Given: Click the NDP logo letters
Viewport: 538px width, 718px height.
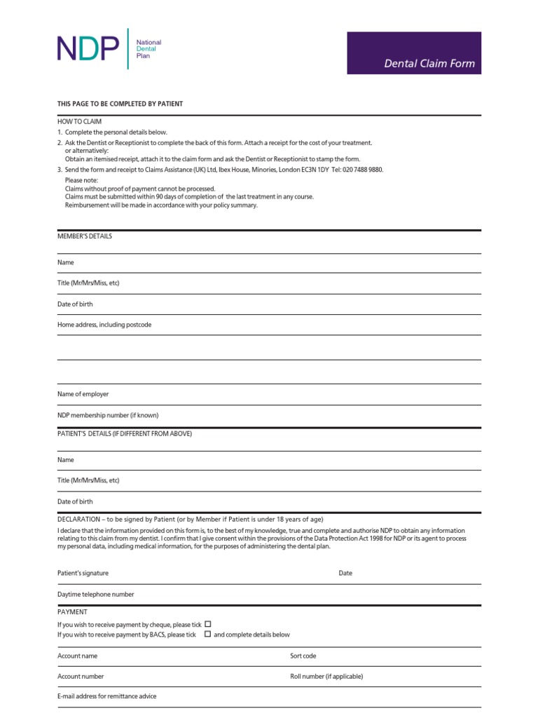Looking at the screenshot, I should point(87,49).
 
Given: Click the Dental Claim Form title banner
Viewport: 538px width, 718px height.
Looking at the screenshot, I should point(414,53).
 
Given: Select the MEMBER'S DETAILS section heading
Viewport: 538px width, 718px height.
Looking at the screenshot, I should point(84,236).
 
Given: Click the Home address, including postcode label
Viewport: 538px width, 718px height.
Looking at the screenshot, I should point(104,325).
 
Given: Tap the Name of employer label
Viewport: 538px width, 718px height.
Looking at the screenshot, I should point(83,394).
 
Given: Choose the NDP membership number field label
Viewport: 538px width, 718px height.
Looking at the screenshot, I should point(108,415).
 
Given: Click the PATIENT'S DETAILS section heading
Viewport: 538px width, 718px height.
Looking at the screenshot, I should point(124,434).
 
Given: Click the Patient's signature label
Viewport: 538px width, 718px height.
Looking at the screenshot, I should point(83,573).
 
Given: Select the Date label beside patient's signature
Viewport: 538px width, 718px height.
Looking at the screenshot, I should point(345,573).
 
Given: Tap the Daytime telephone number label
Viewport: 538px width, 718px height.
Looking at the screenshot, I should point(95,594).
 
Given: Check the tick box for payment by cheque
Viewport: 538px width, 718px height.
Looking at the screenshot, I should point(207,623).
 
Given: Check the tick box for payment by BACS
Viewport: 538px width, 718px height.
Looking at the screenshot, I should point(207,634).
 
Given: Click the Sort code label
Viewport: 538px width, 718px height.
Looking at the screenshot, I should point(303,656).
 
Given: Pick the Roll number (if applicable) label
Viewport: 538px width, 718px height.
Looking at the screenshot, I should point(326,677).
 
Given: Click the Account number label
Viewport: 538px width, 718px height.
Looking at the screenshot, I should point(81,677).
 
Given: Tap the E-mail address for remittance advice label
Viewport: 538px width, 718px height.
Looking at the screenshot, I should point(107,696).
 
